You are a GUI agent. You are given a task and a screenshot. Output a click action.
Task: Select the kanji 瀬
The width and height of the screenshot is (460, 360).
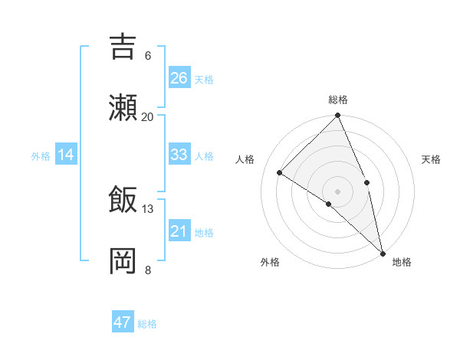click(x=123, y=107)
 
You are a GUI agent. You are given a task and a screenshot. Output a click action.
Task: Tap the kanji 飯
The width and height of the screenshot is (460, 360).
click(x=123, y=199)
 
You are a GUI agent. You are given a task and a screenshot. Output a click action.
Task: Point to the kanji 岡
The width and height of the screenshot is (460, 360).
click(x=123, y=260)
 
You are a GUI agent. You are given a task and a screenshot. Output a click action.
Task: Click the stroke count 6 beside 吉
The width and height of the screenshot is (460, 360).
click(x=148, y=56)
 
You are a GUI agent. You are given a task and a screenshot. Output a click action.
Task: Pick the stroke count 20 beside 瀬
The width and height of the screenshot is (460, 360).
click(x=148, y=116)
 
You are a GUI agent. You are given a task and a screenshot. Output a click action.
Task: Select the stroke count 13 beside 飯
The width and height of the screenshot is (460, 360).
click(x=148, y=208)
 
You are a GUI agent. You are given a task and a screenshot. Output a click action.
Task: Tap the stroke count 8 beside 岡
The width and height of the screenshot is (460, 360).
click(x=148, y=270)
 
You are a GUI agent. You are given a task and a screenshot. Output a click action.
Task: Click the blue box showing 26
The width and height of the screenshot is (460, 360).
click(x=179, y=77)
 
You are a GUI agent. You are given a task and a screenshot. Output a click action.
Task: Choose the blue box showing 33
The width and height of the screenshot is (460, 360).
click(x=179, y=155)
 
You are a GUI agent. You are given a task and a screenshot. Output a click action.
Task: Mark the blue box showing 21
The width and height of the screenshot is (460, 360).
click(x=179, y=231)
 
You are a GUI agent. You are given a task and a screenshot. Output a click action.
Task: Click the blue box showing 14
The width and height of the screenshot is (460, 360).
click(x=66, y=155)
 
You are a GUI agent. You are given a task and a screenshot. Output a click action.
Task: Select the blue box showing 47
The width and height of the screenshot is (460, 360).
click(x=123, y=322)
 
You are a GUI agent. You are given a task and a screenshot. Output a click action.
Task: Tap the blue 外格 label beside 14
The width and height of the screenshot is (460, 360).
click(x=41, y=156)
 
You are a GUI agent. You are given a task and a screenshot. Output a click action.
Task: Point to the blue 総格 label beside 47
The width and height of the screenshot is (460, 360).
click(x=147, y=324)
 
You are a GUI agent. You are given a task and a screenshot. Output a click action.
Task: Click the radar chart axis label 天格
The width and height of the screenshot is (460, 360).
click(x=431, y=159)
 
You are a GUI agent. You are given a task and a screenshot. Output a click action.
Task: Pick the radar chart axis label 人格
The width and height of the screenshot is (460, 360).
click(x=246, y=159)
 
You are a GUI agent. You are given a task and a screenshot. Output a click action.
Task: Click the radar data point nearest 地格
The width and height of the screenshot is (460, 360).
click(x=382, y=253)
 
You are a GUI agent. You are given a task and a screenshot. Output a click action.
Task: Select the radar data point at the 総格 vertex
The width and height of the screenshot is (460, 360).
click(x=337, y=116)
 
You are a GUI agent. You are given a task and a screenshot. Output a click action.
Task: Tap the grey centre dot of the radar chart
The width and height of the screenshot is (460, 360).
click(x=337, y=191)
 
